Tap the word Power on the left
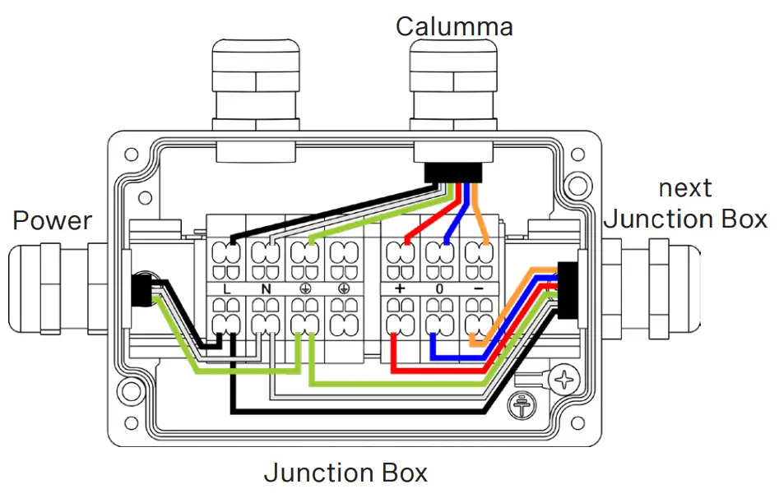[53, 220]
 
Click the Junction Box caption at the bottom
[345, 473]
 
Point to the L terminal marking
[227, 288]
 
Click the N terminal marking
[266, 288]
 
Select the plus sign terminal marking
[400, 288]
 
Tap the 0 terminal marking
[440, 288]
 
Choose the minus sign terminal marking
[478, 288]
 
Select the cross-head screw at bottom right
[564, 380]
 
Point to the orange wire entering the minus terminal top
[484, 222]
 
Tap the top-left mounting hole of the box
[130, 154]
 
